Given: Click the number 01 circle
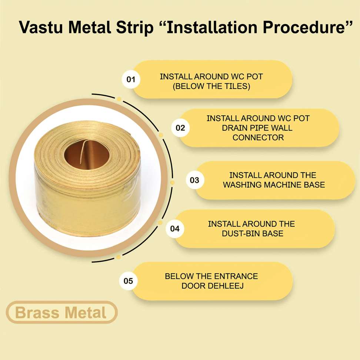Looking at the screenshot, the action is [x=131, y=79].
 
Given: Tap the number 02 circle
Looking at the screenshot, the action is [x=180, y=128].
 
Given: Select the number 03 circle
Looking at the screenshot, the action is [x=195, y=180].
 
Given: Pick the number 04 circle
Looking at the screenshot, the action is [x=175, y=229].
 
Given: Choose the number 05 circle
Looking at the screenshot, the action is [x=129, y=281].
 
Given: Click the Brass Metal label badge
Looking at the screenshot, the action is [x=61, y=312].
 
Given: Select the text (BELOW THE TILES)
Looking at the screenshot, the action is [x=211, y=86].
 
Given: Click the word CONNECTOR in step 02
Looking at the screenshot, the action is [x=258, y=137].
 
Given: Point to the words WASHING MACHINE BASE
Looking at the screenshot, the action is [x=274, y=185].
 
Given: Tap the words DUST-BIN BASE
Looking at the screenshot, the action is [x=253, y=233].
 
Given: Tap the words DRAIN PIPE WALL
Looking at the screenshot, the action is [x=257, y=128].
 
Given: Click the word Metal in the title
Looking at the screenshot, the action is [x=90, y=27].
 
